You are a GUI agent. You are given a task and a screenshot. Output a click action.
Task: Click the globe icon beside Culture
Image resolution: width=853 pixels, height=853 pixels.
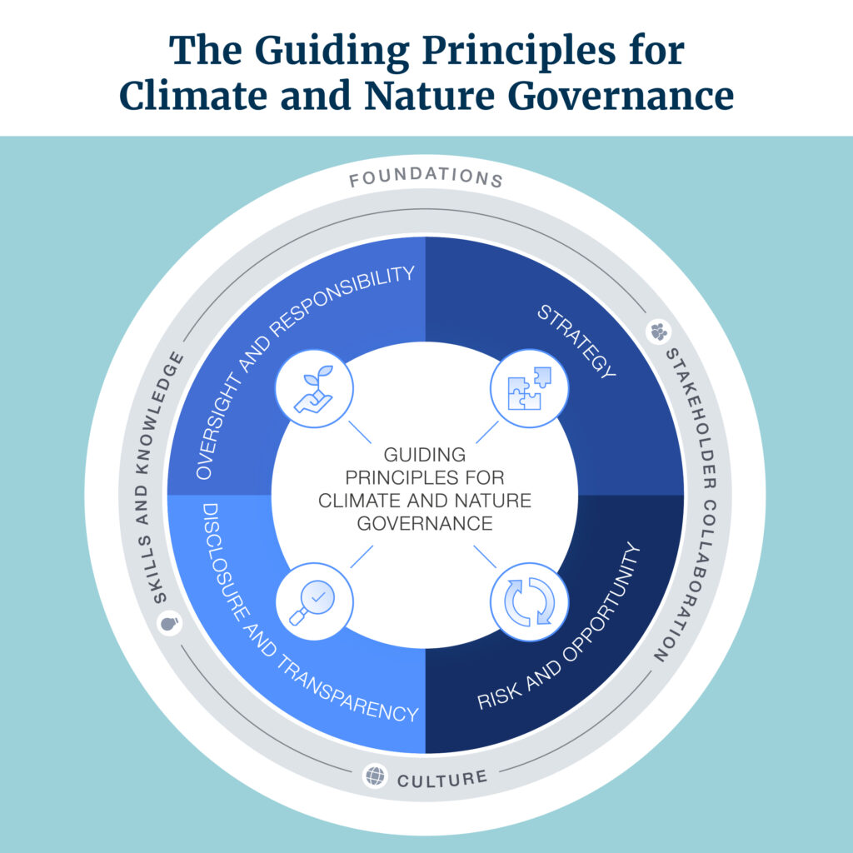coord(376,776)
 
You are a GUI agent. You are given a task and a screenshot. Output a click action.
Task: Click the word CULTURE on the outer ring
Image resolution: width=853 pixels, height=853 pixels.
coord(441,780)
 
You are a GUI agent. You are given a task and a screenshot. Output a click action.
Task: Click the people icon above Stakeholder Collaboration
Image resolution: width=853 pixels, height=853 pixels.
coord(658,332)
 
